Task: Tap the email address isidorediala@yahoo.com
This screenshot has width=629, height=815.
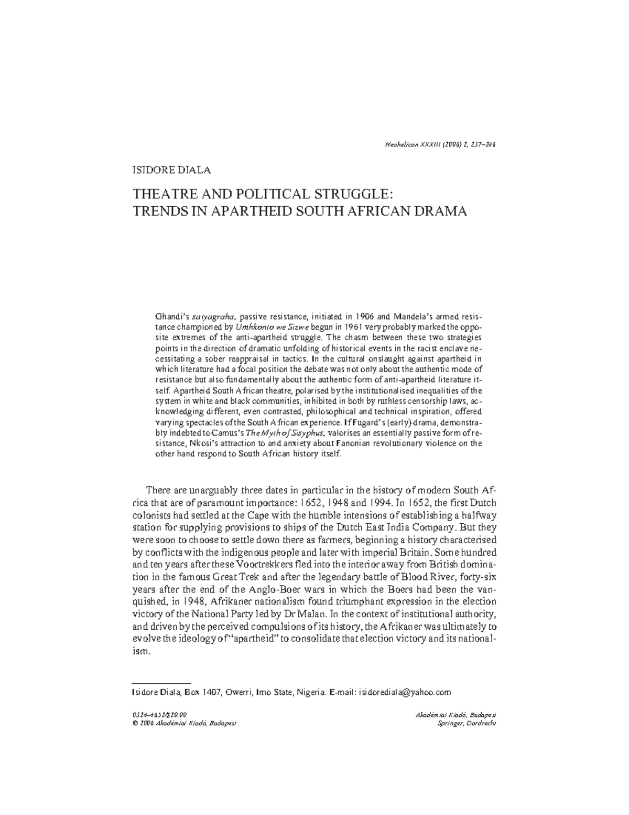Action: pyautogui.click(x=405, y=692)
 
